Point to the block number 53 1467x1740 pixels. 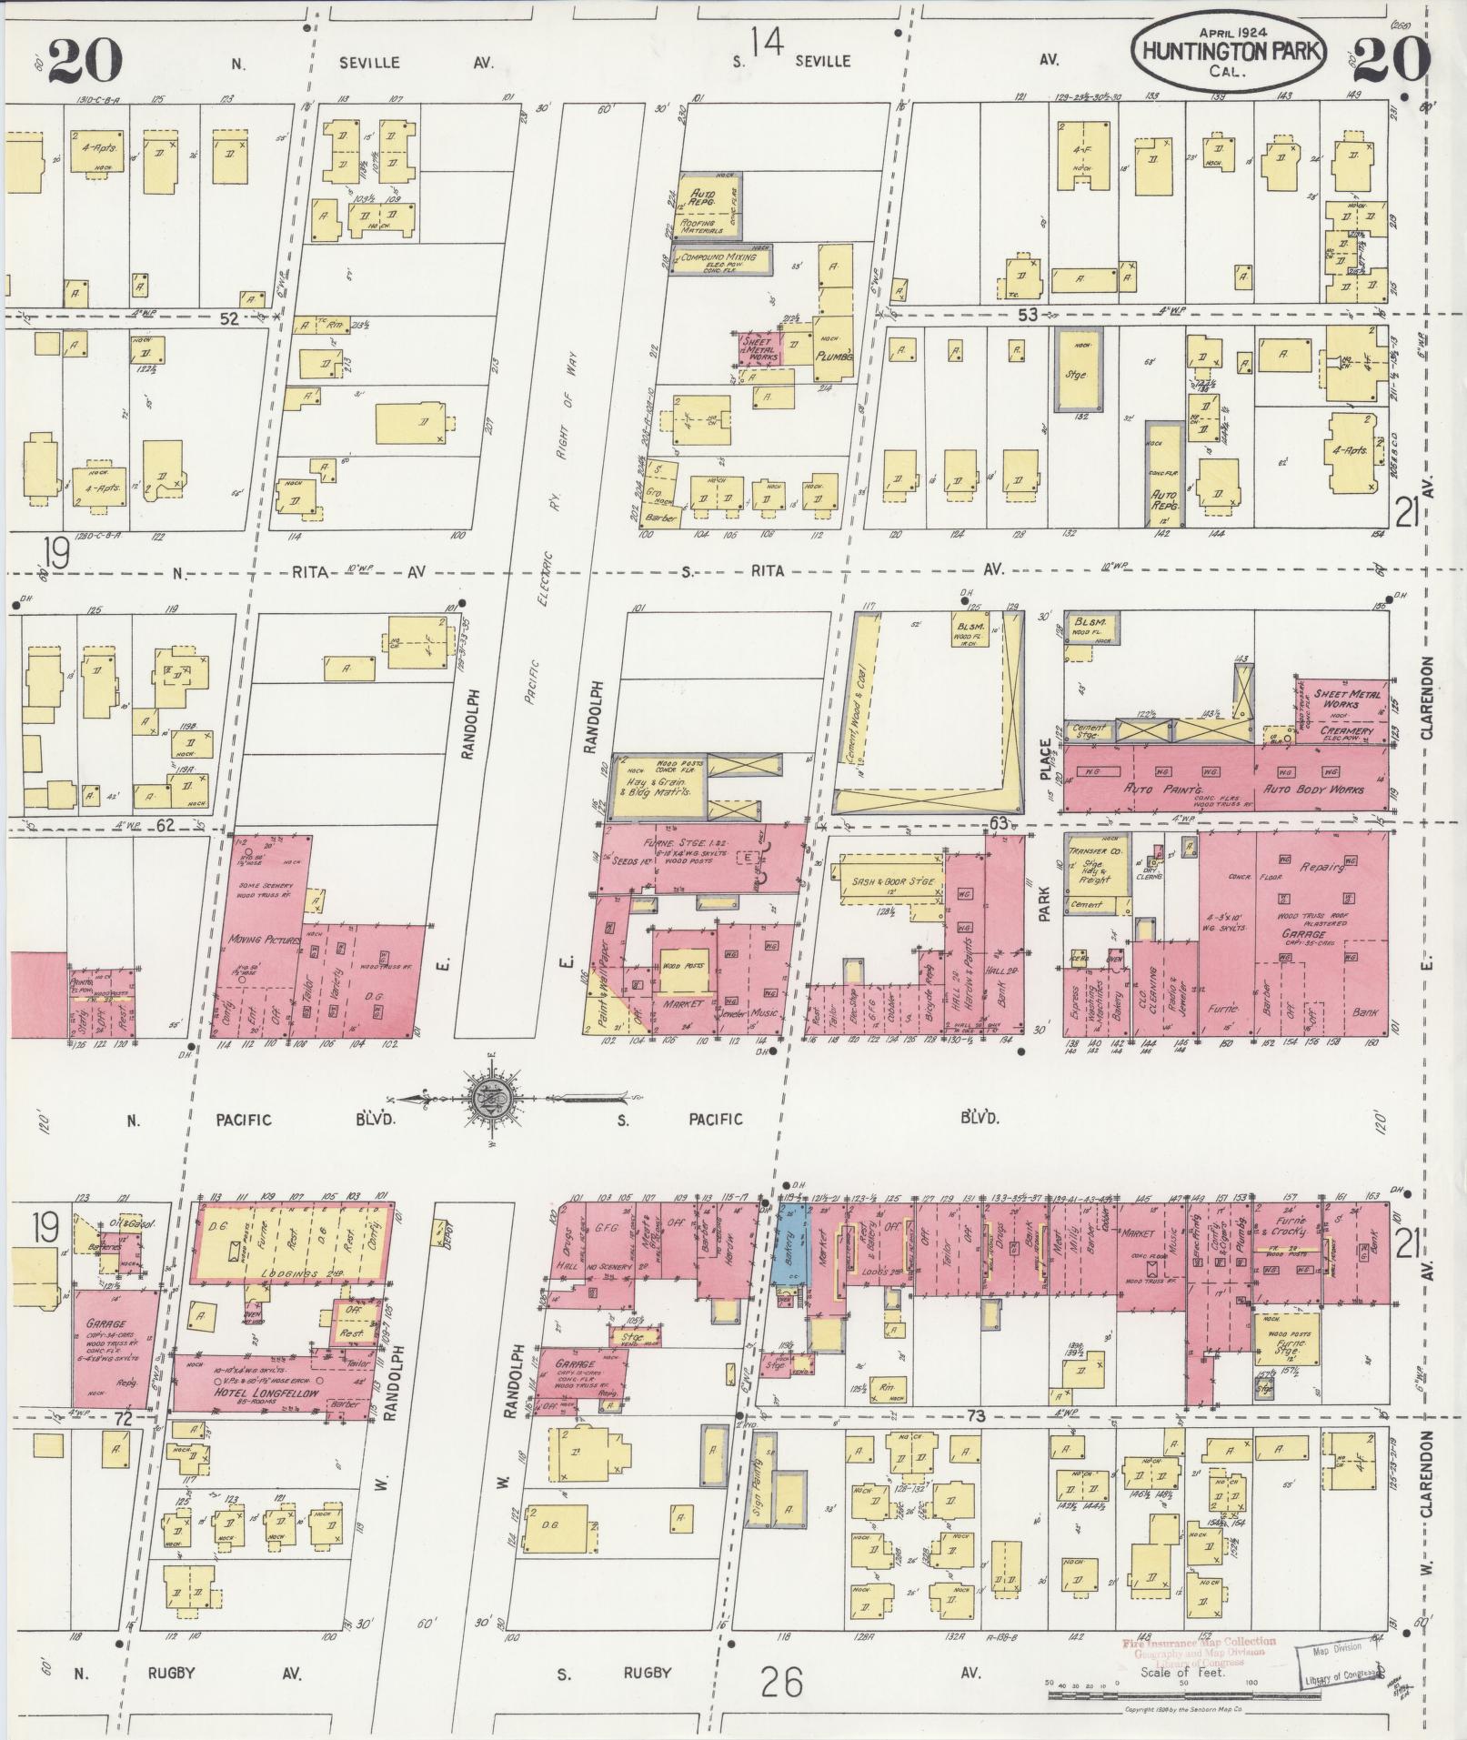pyautogui.click(x=1028, y=315)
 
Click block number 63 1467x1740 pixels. pyautogui.click(x=999, y=824)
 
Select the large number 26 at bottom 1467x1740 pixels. pyautogui.click(x=782, y=1682)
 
